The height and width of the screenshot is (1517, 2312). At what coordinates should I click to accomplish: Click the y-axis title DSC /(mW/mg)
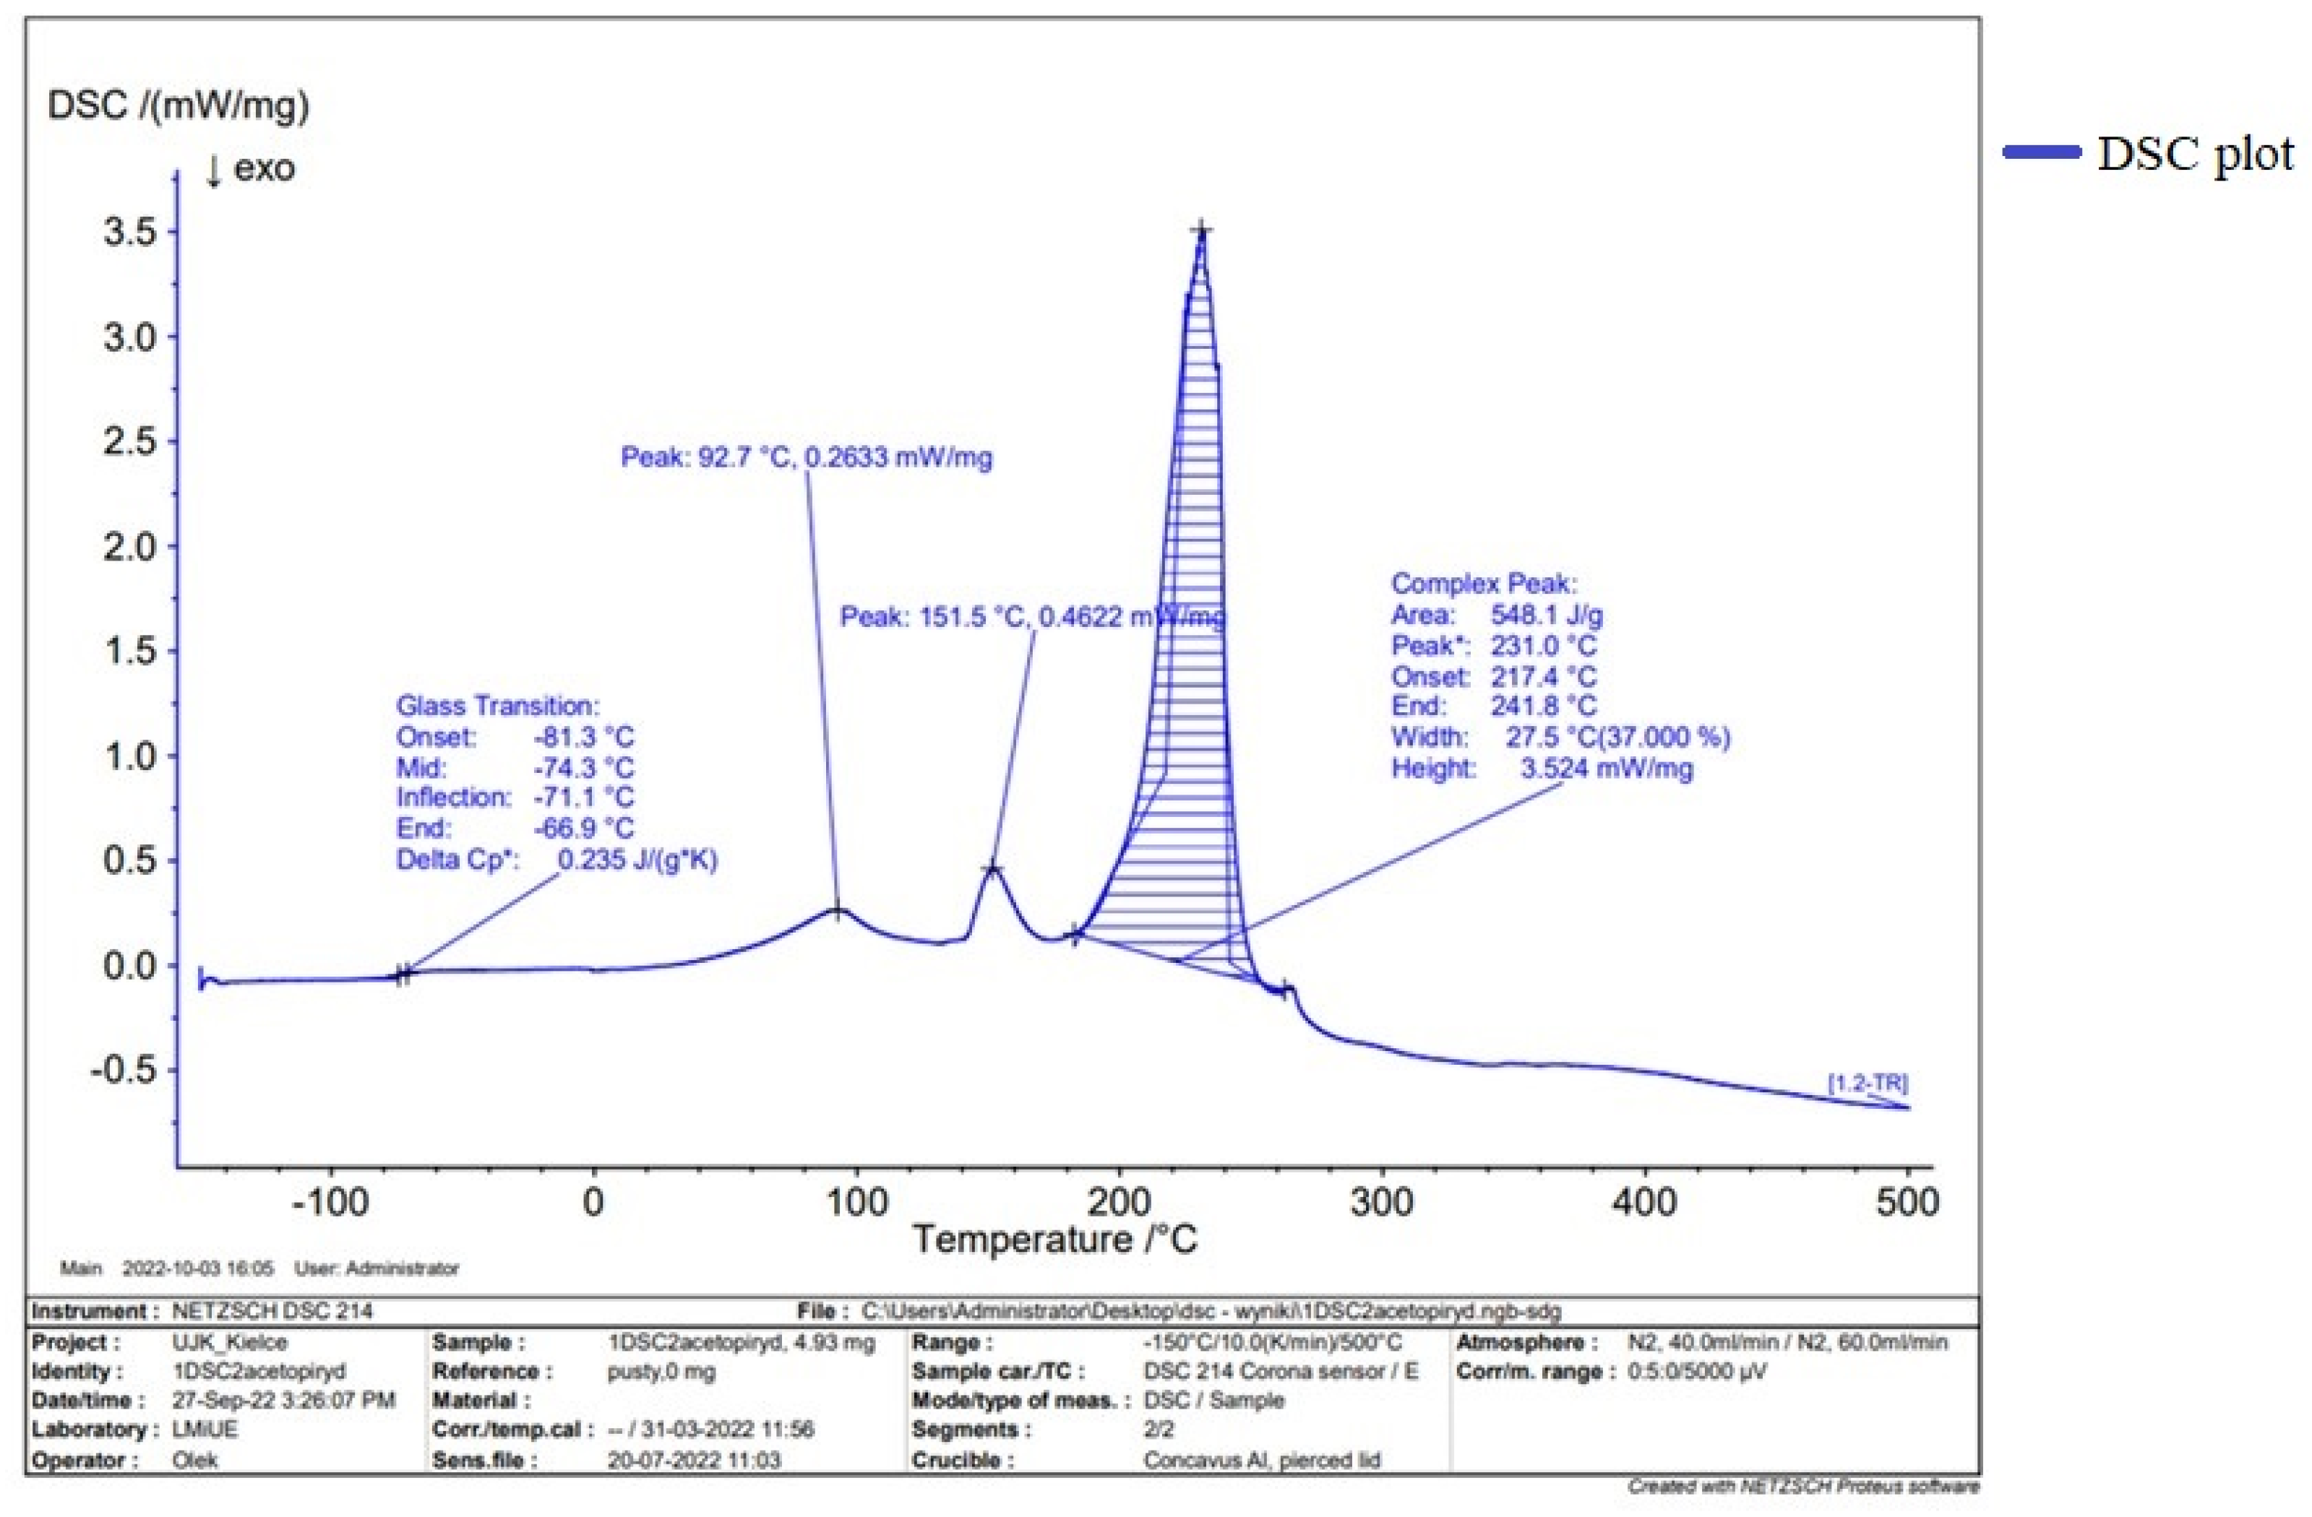click(178, 105)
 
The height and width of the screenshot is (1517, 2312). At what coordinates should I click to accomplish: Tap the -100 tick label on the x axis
click(330, 1202)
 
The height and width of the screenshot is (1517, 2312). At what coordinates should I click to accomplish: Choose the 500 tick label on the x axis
click(1907, 1202)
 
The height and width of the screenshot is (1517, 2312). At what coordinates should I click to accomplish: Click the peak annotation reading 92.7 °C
click(807, 457)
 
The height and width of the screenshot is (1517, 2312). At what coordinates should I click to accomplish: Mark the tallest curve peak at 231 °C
click(1202, 231)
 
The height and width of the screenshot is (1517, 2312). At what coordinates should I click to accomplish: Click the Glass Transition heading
click(497, 705)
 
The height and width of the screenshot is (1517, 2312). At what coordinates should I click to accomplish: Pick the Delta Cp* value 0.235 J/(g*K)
click(636, 860)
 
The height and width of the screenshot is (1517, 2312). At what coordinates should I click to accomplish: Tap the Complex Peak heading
click(1483, 583)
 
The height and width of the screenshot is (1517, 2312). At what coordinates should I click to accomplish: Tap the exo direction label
click(251, 168)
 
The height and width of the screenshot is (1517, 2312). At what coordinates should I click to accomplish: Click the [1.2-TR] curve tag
click(1867, 1083)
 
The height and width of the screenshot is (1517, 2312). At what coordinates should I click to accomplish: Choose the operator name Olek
click(194, 1460)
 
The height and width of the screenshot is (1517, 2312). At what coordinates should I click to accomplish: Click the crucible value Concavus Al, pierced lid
click(1261, 1460)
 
